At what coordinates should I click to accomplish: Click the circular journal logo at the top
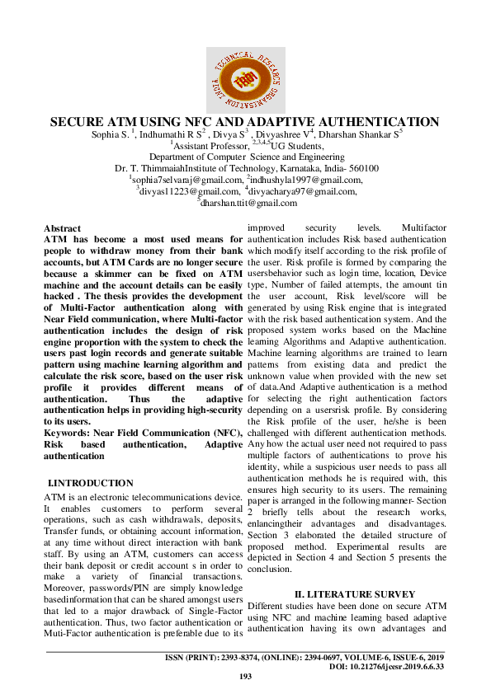[245, 80]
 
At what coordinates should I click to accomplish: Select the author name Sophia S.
[110, 134]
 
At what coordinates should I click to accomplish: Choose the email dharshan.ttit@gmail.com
[248, 203]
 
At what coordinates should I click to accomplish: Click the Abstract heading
[62, 228]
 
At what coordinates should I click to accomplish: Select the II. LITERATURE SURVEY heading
[345, 594]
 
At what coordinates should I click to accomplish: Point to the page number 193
[245, 677]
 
